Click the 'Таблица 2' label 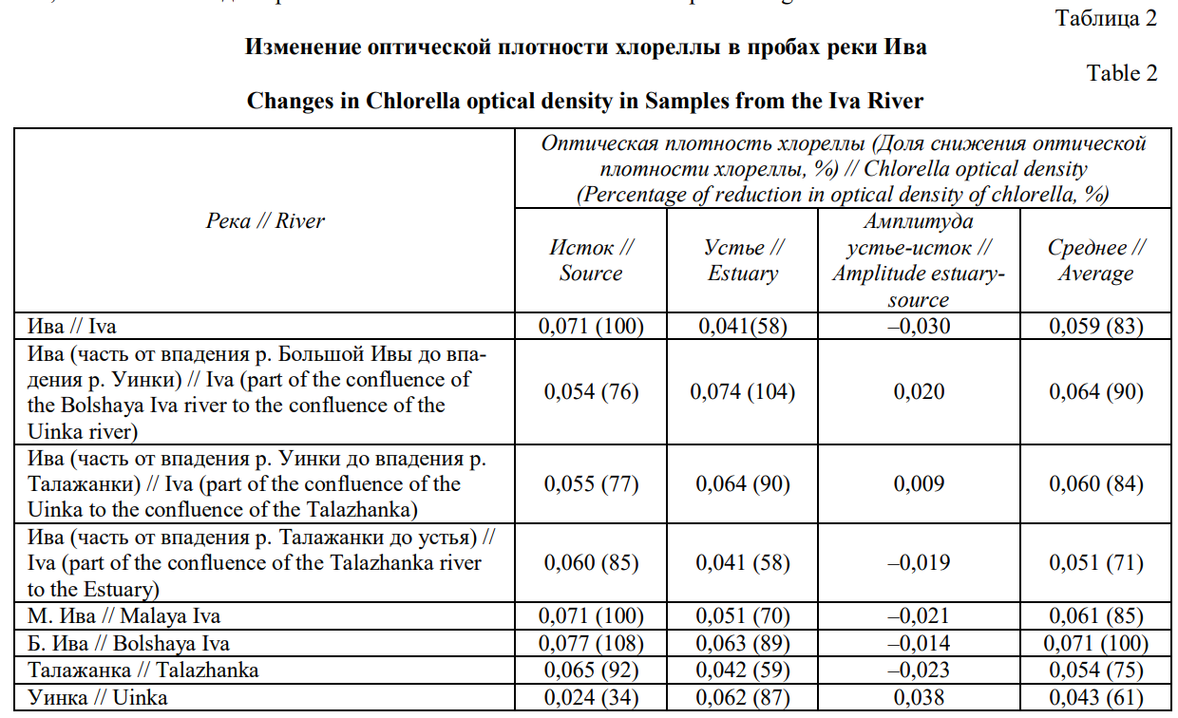[1107, 20]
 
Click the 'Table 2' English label [1122, 74]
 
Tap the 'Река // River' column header [265, 221]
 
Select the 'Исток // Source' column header [591, 260]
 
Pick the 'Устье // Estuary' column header [743, 260]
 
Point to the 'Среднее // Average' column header [1096, 260]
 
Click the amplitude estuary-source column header [919, 260]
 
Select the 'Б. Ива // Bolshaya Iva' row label [128, 643]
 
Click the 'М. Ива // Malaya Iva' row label [124, 616]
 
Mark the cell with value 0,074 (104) [743, 391]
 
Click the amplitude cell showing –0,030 [919, 327]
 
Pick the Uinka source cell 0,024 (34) [591, 698]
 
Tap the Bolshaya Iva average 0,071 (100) [1096, 643]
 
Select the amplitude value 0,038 [919, 698]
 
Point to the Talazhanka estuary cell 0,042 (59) [743, 670]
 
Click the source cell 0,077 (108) [591, 643]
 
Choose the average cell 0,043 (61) [1096, 698]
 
